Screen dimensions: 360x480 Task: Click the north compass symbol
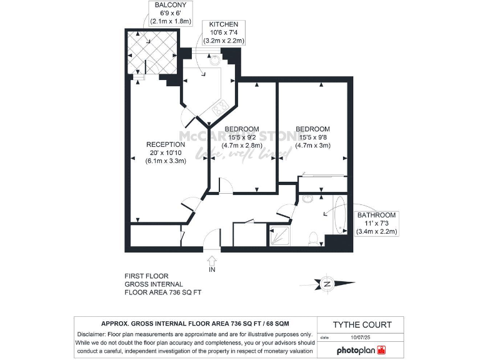326,284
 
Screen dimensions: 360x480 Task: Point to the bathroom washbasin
307,199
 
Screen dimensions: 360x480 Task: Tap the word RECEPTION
166,144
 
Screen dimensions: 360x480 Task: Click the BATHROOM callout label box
376,223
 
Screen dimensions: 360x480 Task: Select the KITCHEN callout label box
222,32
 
